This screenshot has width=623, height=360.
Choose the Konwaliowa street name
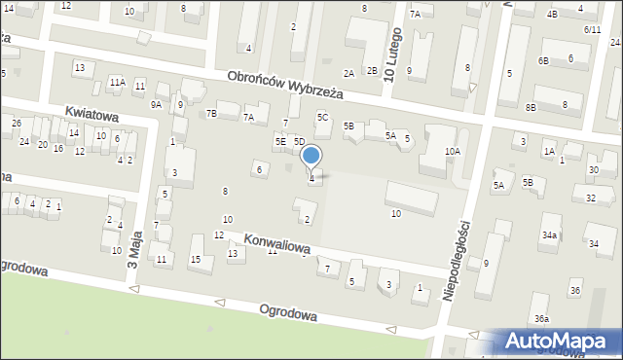[x=277, y=243]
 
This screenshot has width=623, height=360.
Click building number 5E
[x=280, y=142]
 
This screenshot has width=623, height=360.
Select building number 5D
[x=300, y=142]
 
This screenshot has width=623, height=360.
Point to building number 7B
[x=211, y=113]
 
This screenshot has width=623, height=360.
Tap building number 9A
[x=156, y=104]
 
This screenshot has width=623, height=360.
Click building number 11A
[x=117, y=83]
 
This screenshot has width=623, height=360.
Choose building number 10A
[x=453, y=151]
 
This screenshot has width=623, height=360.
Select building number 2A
[x=348, y=73]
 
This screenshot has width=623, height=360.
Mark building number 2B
[x=372, y=70]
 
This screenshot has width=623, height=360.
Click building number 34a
[x=550, y=234]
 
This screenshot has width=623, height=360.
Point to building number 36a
[x=541, y=319]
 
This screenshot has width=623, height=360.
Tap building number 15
[x=196, y=259]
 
